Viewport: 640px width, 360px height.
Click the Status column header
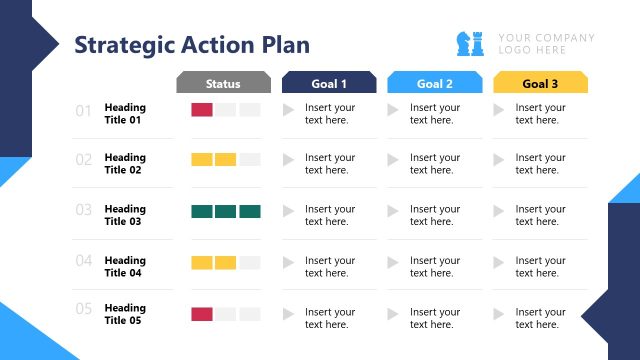(x=223, y=84)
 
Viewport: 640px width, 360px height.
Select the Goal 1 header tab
(x=329, y=84)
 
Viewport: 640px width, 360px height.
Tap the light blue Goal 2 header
(x=434, y=84)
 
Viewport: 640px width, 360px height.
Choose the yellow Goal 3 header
(x=540, y=84)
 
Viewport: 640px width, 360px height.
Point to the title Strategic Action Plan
(x=192, y=45)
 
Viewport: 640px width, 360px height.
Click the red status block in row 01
(x=201, y=109)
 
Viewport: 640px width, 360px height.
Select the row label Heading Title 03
(x=125, y=215)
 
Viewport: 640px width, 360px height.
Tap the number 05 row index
(x=84, y=309)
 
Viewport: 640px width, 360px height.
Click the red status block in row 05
(x=201, y=314)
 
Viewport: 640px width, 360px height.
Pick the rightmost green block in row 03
(x=250, y=211)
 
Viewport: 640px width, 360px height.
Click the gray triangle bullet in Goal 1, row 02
(x=289, y=159)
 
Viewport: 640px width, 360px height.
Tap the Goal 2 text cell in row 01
(x=435, y=114)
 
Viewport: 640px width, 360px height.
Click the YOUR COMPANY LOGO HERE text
(x=546, y=44)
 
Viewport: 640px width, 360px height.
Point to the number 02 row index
(x=84, y=159)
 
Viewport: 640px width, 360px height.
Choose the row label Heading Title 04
(x=125, y=266)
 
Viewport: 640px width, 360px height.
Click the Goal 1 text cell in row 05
(x=330, y=318)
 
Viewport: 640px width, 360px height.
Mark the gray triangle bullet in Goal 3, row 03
(x=499, y=211)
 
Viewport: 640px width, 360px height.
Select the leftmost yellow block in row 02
(x=201, y=159)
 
